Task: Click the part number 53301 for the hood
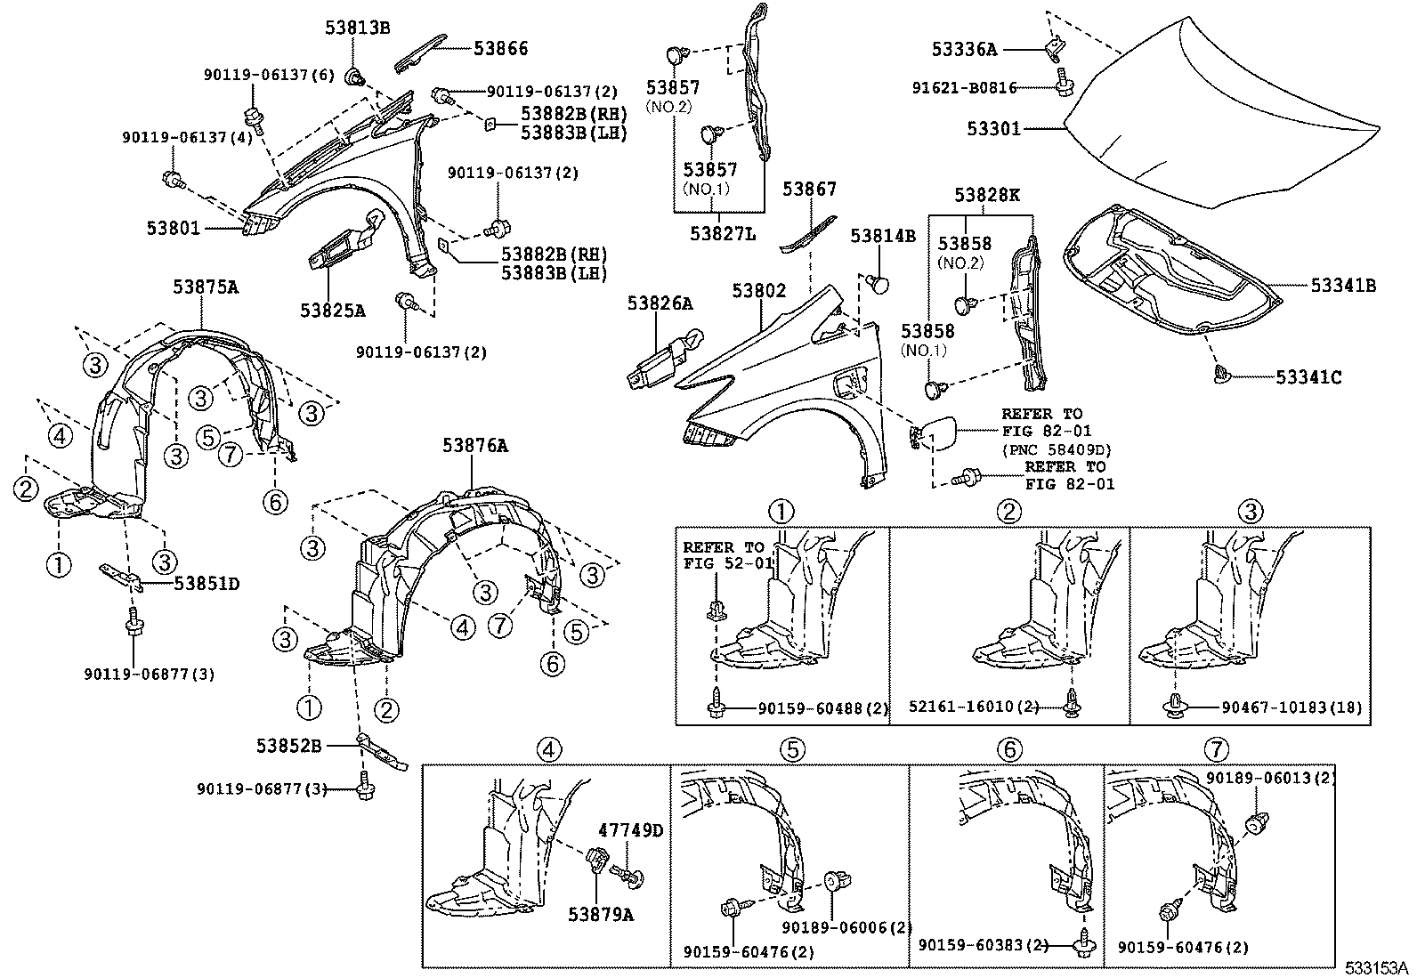(994, 128)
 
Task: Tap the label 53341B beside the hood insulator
(1343, 286)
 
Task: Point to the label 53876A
(475, 446)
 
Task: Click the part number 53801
(174, 228)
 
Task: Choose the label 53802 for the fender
(759, 291)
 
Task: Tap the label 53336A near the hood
(964, 49)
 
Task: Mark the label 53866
(500, 48)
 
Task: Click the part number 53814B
(882, 236)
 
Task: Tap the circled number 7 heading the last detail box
(1218, 749)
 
